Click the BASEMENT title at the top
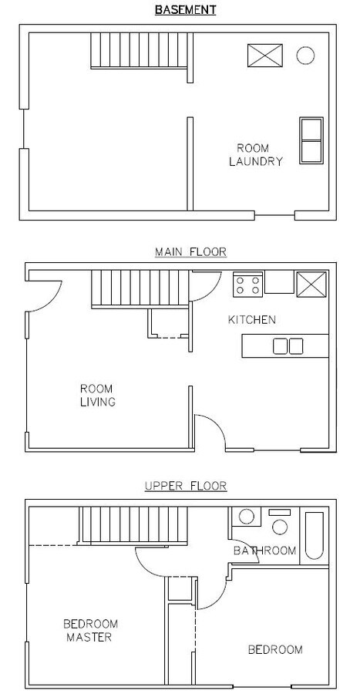pyautogui.click(x=185, y=10)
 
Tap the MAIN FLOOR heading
pyautogui.click(x=190, y=252)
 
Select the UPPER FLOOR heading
pyautogui.click(x=186, y=486)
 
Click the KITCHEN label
pyautogui.click(x=251, y=319)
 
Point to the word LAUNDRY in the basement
pyautogui.click(x=256, y=162)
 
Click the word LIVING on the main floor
pyautogui.click(x=98, y=402)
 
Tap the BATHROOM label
pyautogui.click(x=264, y=551)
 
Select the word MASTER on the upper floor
pyautogui.click(x=89, y=638)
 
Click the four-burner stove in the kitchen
pyautogui.click(x=248, y=285)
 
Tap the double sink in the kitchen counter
pyautogui.click(x=288, y=346)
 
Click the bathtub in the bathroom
pyautogui.click(x=314, y=536)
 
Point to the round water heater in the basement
pyautogui.click(x=305, y=56)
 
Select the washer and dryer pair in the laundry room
pyautogui.click(x=311, y=140)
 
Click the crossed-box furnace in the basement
pyautogui.click(x=265, y=56)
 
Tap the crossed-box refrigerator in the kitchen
pyautogui.click(x=311, y=283)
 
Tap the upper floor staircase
pyautogui.click(x=133, y=525)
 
